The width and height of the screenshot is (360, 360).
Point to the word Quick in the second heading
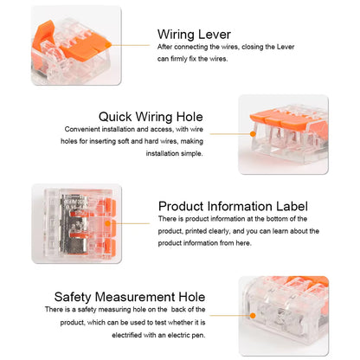tap(117, 115)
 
